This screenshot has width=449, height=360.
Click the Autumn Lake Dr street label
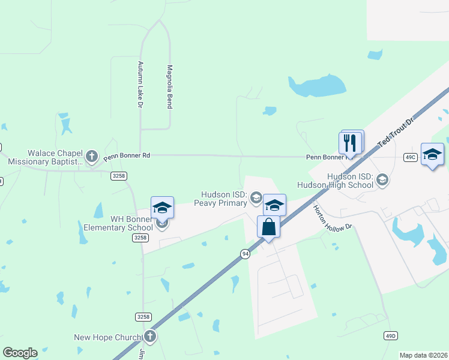139,85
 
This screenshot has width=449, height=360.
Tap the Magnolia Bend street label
170,87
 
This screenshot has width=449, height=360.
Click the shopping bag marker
268,227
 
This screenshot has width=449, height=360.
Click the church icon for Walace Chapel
91,157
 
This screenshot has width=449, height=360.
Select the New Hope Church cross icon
149,337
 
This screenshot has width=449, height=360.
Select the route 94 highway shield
245,254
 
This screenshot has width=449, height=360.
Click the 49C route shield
411,157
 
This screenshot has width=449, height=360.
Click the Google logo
20,353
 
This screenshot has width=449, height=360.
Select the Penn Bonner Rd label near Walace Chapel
126,156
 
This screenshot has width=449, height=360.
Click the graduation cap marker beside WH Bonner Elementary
162,208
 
